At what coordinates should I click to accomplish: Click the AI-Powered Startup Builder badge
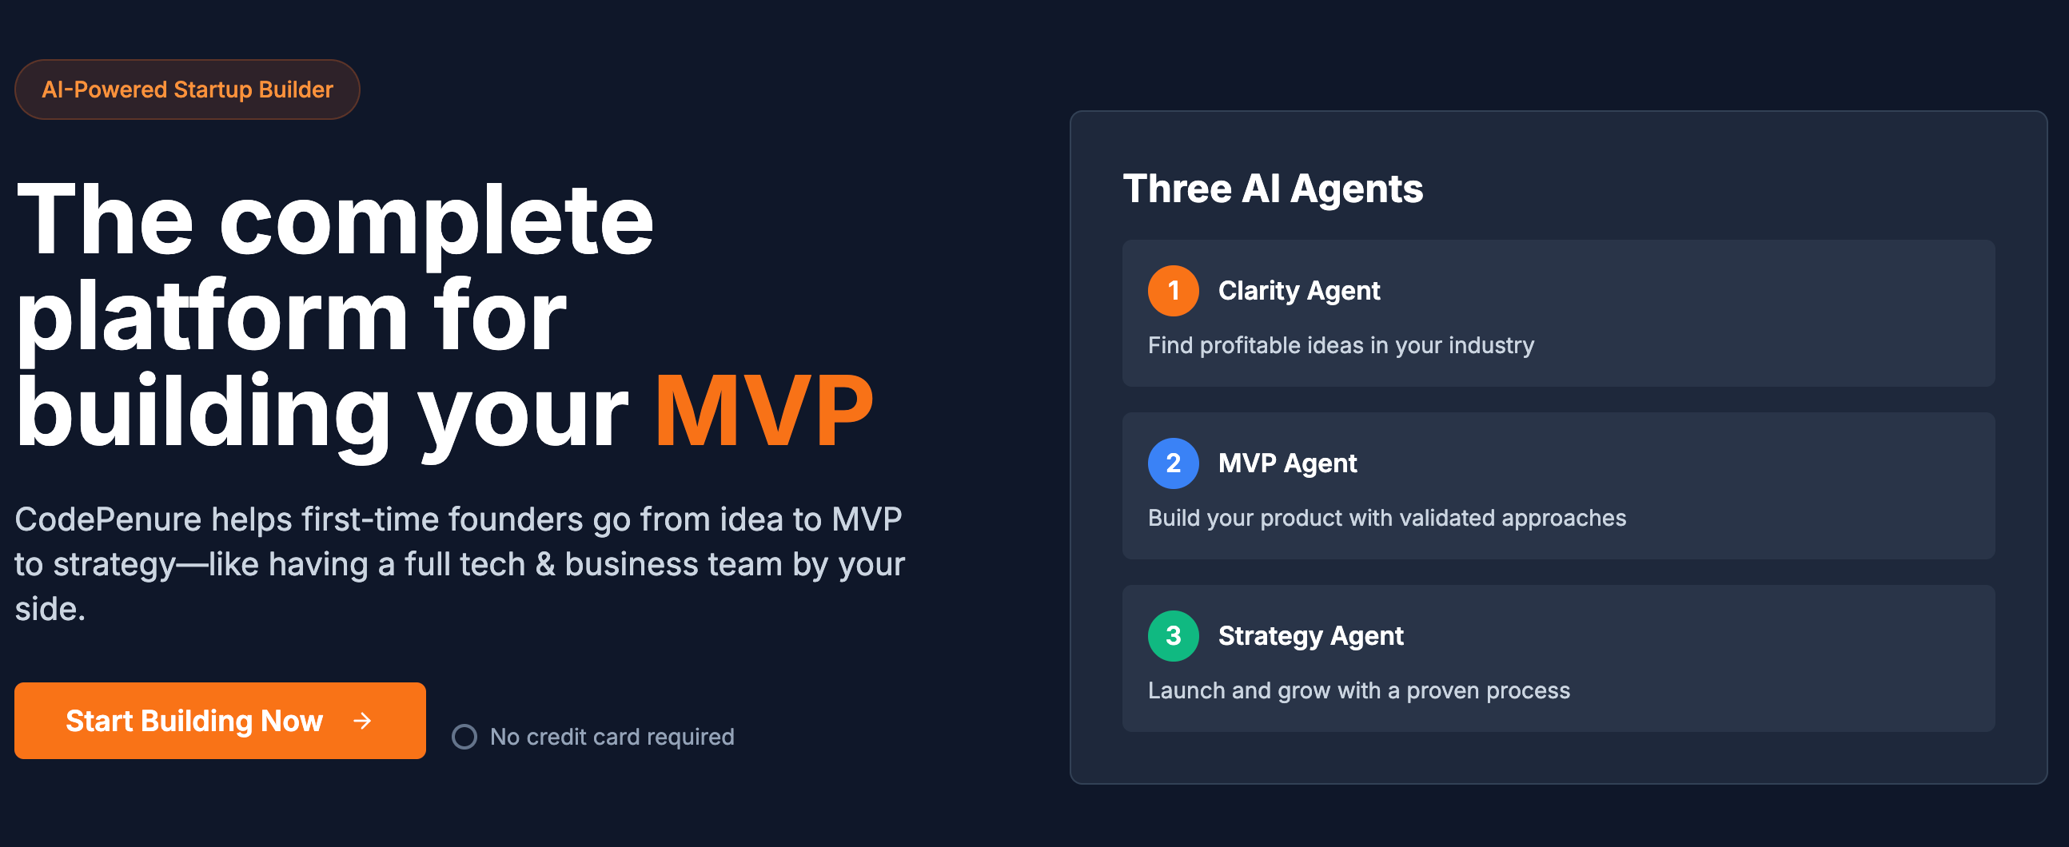187,89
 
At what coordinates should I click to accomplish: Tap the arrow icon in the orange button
362,721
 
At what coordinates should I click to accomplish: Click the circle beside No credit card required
464,736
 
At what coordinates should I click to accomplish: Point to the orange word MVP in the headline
763,411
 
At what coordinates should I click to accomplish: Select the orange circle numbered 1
1173,291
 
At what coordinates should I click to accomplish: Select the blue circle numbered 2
1173,463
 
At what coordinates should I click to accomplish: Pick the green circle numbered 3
1173,636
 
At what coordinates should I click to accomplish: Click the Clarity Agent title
1299,291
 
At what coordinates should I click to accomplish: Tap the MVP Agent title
1287,463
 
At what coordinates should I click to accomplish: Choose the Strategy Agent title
1311,636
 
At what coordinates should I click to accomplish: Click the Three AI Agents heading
1272,189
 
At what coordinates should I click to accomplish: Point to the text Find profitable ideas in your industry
1341,345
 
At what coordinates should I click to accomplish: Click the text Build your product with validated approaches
1386,518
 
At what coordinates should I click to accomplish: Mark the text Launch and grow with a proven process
1358,690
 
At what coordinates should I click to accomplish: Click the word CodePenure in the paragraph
108,519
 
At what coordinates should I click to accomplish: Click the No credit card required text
612,737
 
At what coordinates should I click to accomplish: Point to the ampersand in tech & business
545,564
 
